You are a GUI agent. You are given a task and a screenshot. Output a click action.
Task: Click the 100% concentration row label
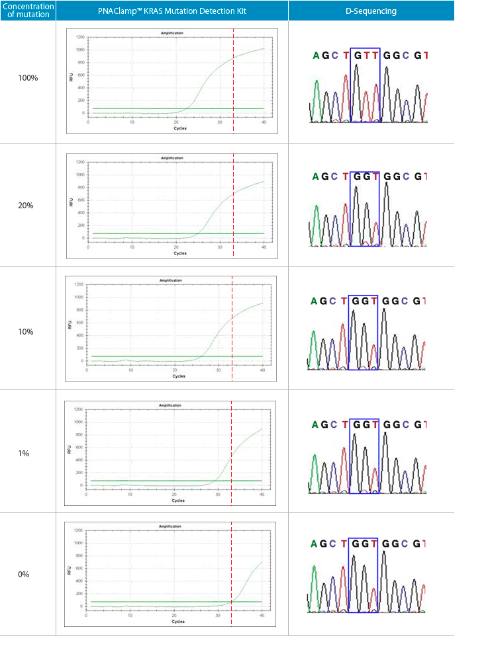[28, 77]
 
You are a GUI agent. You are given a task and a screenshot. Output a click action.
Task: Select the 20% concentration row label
[26, 206]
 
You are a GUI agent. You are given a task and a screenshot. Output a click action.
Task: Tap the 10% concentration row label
[26, 331]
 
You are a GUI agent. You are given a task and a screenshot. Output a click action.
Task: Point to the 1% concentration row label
[24, 454]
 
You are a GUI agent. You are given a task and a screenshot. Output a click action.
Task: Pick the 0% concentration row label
[24, 574]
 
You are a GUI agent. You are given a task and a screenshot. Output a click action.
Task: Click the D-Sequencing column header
[371, 11]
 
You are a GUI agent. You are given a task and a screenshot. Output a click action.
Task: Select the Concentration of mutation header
[28, 11]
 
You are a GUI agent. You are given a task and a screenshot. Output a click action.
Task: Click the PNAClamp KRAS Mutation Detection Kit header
[171, 11]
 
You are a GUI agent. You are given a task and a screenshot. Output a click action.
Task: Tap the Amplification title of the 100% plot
[172, 32]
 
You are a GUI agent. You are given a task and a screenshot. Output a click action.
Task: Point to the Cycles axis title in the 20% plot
[180, 253]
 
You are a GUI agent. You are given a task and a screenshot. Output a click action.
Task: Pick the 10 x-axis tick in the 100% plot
[132, 123]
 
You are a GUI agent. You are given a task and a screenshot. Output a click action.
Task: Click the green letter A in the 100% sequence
[317, 56]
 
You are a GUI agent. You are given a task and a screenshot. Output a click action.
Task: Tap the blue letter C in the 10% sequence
[334, 302]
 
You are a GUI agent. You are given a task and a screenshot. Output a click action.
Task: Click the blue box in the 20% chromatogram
[364, 208]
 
